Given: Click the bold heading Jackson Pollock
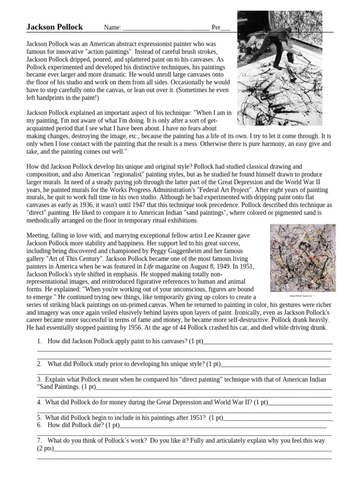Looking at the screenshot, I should (x=54, y=27).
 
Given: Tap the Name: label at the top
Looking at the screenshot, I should (x=112, y=28).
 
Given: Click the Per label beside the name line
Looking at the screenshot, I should (x=216, y=28).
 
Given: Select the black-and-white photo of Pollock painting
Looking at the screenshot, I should (x=286, y=68).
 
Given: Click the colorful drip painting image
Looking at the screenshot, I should (x=302, y=257).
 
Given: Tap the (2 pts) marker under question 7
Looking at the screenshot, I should (x=45, y=449).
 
